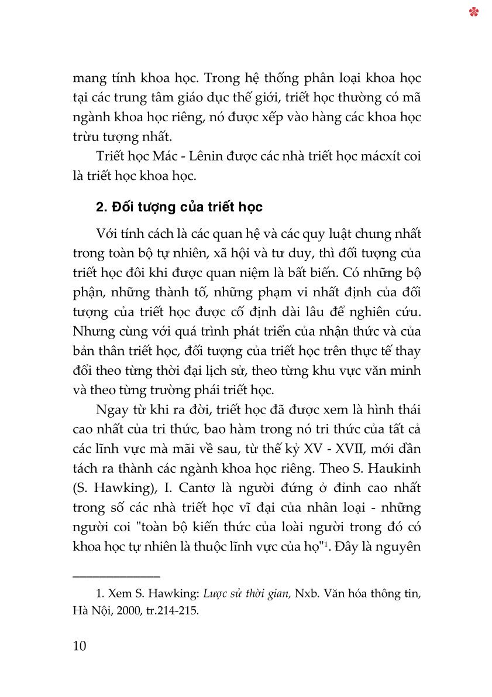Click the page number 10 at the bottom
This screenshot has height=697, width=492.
coord(80,646)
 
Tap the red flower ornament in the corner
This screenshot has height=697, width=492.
coord(474,12)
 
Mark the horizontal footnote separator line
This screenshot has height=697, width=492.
coord(116,576)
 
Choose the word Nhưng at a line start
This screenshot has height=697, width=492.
coord(91,331)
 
